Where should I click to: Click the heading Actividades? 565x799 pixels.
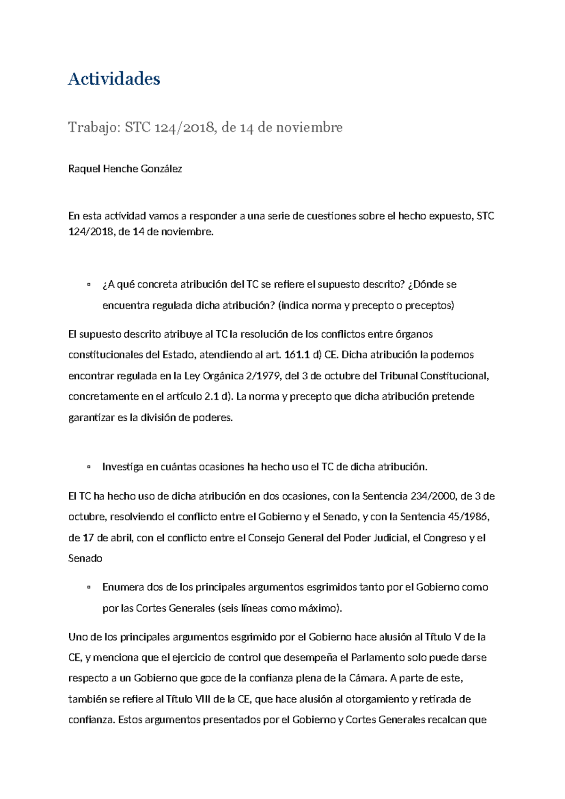click(114, 79)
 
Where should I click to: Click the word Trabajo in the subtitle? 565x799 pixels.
click(94, 127)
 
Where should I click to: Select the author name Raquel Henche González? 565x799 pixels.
click(125, 169)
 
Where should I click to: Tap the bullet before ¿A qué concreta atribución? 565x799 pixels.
click(88, 285)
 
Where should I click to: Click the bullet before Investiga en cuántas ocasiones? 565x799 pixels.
click(88, 467)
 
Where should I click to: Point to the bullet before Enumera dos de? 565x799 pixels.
click(88, 587)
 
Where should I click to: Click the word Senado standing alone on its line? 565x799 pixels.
click(85, 559)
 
